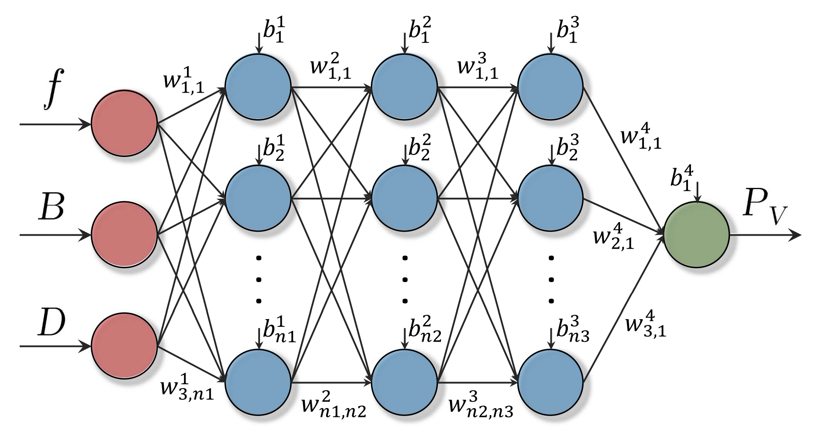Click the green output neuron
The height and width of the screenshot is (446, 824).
click(697, 235)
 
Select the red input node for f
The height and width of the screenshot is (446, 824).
click(124, 123)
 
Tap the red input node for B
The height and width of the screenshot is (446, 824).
click(124, 235)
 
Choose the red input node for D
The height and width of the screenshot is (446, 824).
click(124, 346)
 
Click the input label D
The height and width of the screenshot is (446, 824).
click(51, 323)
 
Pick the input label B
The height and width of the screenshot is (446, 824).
click(51, 208)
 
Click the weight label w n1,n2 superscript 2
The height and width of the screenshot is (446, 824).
click(333, 404)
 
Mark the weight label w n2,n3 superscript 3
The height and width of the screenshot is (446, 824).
click(480, 404)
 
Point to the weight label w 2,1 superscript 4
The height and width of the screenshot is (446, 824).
click(614, 235)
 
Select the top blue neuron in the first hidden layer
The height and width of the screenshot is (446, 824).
click(258, 87)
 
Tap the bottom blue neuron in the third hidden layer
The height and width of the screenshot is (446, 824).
click(550, 383)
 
